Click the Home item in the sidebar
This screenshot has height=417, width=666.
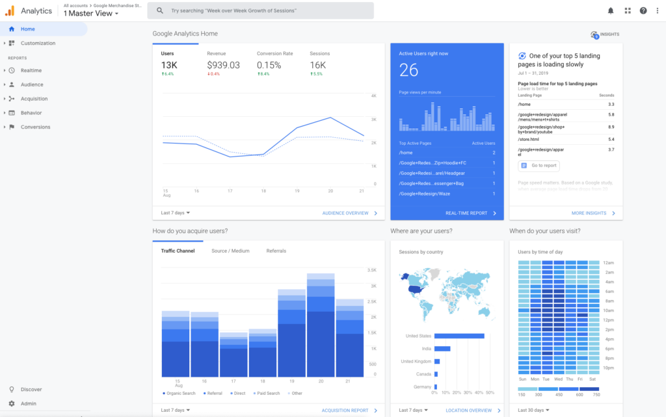point(27,29)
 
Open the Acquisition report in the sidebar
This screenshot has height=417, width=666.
point(34,99)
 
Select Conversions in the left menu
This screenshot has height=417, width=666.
point(35,127)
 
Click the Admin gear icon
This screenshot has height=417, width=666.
point(12,403)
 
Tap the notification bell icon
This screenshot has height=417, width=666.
point(610,10)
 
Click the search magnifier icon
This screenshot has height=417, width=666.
point(160,11)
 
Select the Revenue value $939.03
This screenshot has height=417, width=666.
point(223,65)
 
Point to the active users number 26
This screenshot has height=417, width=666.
point(408,70)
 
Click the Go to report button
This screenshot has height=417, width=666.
point(539,166)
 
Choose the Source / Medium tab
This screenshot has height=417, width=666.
point(230,251)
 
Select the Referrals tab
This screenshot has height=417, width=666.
point(276,251)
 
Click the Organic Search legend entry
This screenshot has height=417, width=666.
point(180,393)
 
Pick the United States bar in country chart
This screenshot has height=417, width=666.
point(459,336)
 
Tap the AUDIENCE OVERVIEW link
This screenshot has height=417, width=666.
point(345,213)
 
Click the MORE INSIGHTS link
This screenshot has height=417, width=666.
point(589,213)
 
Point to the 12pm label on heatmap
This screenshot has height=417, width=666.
point(608,320)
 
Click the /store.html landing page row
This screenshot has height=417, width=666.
point(529,140)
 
